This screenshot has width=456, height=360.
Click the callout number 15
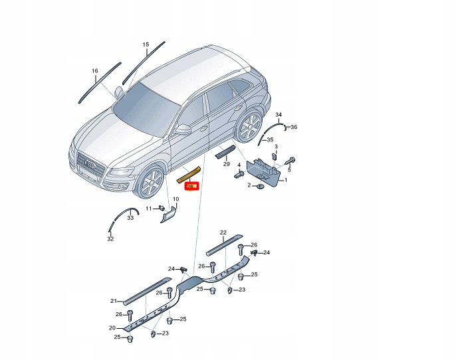tap(146, 45)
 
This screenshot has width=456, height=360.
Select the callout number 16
tap(95, 70)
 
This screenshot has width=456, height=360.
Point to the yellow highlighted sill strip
tap(191, 175)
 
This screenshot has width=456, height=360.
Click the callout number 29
tap(227, 163)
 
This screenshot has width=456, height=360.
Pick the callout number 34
tap(279, 116)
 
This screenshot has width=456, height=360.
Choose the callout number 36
tap(294, 127)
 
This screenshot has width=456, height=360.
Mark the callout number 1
tap(286, 180)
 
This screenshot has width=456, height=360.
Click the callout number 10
tap(176, 199)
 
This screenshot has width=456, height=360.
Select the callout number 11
tap(149, 209)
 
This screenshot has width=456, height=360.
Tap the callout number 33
tap(130, 218)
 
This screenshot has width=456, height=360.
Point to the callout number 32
tap(110, 239)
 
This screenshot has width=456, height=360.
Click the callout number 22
tap(223, 232)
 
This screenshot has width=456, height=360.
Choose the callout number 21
tap(114, 301)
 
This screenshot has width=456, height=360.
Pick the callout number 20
tap(112, 327)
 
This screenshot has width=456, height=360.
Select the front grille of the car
tap(89, 166)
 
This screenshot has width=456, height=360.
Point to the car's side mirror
tap(183, 129)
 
